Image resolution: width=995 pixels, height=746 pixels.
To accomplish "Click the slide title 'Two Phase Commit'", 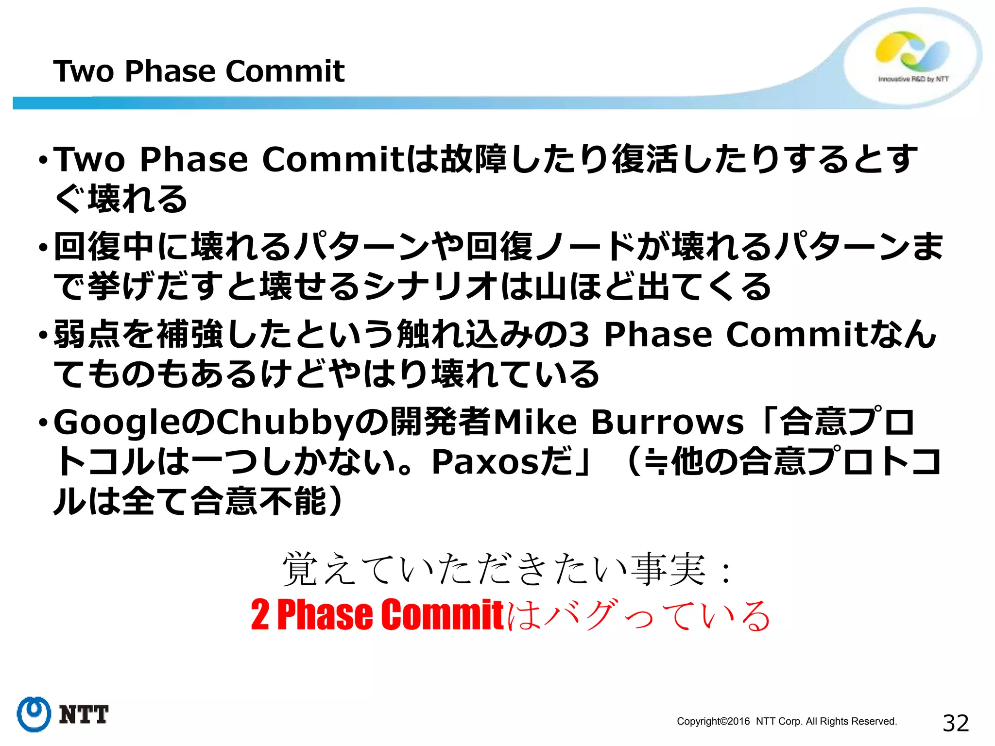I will (x=199, y=71).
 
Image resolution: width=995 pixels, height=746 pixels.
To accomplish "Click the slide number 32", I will (x=955, y=723).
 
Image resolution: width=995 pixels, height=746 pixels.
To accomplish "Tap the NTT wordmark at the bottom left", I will (x=84, y=715).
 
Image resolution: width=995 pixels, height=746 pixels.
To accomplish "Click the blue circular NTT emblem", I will (x=34, y=714).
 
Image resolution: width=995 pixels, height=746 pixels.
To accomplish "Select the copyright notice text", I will (x=787, y=721).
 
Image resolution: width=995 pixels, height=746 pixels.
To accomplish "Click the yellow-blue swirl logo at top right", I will (x=911, y=51).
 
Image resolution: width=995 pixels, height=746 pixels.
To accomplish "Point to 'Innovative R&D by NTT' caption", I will (x=913, y=79).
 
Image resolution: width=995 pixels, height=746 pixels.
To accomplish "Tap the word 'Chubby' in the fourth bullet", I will (x=284, y=422).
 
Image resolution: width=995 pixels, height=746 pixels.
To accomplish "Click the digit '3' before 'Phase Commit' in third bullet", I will (x=579, y=335).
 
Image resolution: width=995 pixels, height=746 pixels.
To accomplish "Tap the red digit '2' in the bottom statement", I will (x=260, y=615).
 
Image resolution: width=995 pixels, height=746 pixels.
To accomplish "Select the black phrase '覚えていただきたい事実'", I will (x=494, y=569).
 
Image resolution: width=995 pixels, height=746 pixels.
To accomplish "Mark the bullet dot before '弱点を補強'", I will (x=43, y=335).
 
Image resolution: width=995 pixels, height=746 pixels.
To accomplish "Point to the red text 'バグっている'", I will (x=656, y=615).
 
